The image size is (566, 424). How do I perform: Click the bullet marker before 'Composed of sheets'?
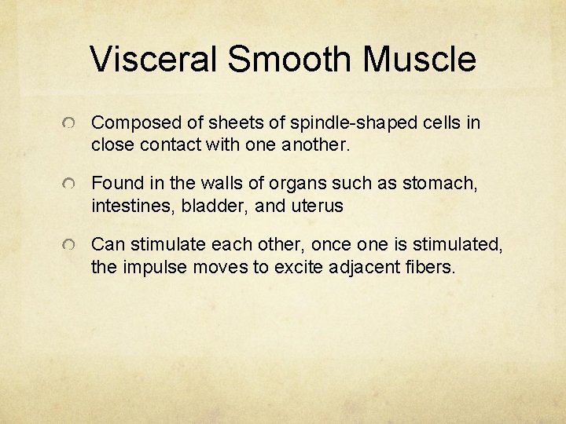[x=72, y=123]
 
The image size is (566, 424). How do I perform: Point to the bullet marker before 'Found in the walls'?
[x=72, y=184]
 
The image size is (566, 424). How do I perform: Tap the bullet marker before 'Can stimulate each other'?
[x=72, y=245]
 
